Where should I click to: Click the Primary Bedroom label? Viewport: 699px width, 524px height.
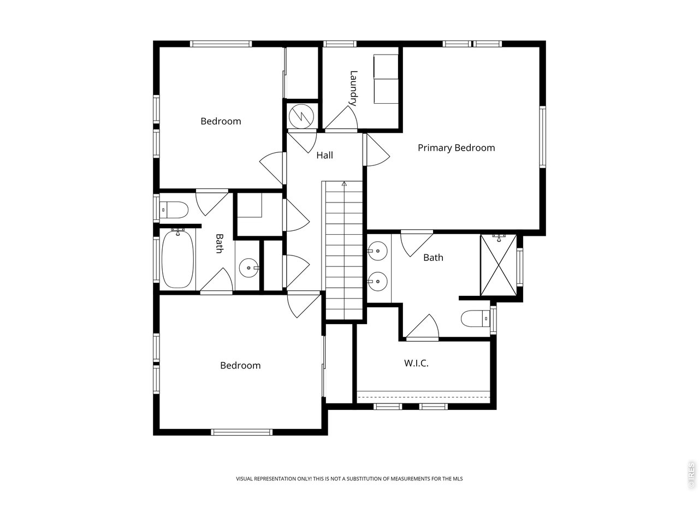coord(456,148)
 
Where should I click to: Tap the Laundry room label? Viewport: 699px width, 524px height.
coord(354,88)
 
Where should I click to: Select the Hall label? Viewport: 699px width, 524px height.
coord(324,156)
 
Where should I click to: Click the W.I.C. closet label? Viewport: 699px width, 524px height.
coord(416,363)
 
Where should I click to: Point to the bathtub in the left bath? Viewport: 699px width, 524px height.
coord(178,260)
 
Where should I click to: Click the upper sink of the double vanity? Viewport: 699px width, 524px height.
coord(376,252)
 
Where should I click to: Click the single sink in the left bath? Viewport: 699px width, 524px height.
coord(249,268)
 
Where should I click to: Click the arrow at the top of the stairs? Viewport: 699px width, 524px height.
coord(344,184)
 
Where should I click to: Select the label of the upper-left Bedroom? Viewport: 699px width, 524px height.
coord(221,121)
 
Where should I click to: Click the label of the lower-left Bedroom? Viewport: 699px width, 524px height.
coord(240,366)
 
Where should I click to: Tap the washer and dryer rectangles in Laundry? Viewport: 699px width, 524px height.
coord(386,79)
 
